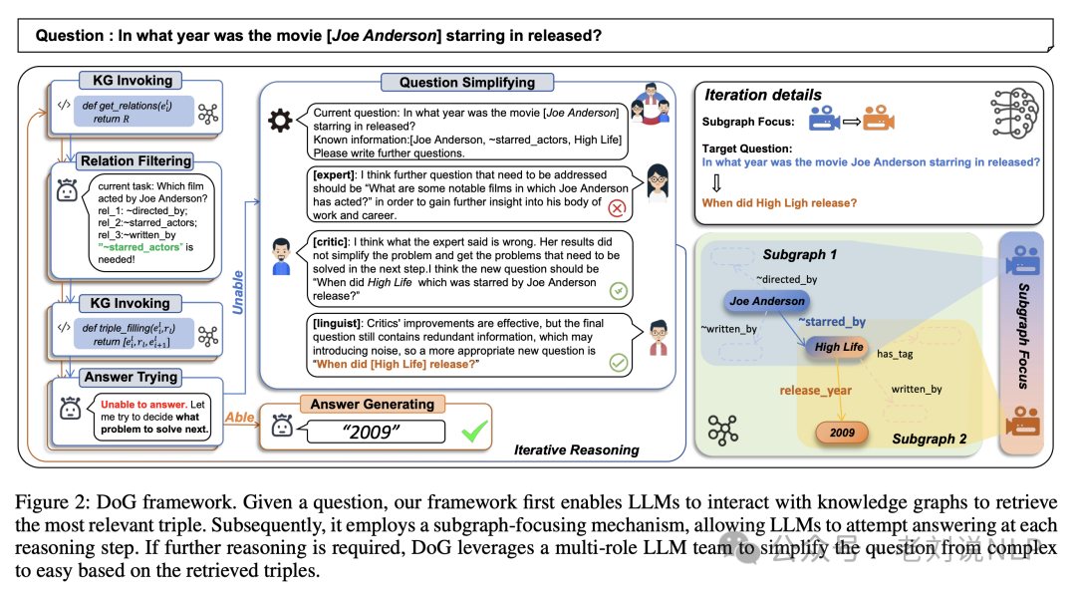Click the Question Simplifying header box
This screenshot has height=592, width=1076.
[x=467, y=83]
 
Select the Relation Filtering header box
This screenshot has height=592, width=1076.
[x=136, y=160]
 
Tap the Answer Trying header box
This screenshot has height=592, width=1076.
[x=131, y=377]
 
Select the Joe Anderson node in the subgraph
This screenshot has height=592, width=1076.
[x=767, y=301]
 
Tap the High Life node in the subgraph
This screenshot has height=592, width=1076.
[x=839, y=347]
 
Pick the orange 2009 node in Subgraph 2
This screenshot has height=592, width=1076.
[x=842, y=434]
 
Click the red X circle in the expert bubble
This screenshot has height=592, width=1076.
[x=617, y=208]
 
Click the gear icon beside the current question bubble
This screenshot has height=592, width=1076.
[x=281, y=122]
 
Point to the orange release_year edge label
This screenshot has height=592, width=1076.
[x=816, y=390]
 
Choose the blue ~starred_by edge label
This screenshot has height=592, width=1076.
[x=831, y=322]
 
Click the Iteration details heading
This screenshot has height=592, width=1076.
[x=763, y=95]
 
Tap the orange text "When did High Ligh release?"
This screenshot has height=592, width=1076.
[x=779, y=203]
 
